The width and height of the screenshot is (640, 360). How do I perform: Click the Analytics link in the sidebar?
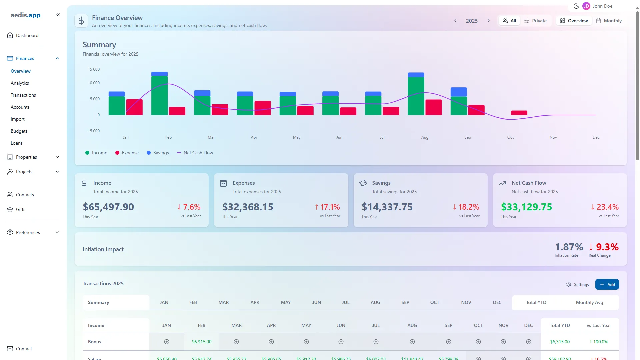20,83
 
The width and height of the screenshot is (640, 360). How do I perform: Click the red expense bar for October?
519,113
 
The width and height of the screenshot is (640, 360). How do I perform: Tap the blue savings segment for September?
458,92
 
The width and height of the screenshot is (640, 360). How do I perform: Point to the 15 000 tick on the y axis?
94,69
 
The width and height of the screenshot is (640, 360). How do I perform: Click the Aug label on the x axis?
425,137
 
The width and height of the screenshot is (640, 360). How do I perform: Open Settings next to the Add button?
577,284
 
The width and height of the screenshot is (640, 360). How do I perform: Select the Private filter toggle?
535,21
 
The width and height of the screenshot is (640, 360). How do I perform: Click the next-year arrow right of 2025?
489,21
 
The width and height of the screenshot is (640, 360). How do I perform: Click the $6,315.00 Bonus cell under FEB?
201,342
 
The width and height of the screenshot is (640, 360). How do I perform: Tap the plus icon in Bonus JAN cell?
167,342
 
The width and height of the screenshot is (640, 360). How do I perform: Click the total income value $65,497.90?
108,207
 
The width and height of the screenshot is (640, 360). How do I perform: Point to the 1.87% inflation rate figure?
569,247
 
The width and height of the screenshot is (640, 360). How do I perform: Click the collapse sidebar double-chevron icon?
58,15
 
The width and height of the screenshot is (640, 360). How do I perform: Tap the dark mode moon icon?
576,6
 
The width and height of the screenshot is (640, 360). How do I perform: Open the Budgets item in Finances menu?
19,131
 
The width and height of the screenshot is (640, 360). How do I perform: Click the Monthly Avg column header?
589,302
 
